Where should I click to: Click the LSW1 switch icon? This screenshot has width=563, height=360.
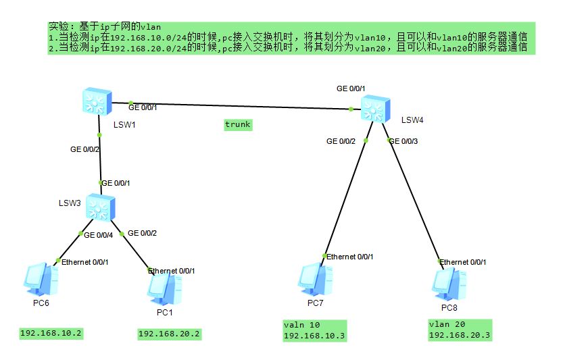(93, 101)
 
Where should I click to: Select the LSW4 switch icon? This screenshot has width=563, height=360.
(375, 108)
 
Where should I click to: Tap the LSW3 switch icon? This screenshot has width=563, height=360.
(101, 208)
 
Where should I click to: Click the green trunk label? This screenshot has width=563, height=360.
(238, 125)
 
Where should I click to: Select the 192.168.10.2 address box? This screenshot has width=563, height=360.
(51, 333)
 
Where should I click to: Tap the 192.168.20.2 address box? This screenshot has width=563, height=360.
(170, 334)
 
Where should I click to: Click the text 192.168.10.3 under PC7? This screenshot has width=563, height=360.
(314, 336)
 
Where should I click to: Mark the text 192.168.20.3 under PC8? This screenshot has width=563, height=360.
(460, 336)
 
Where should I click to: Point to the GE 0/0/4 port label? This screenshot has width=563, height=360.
(99, 234)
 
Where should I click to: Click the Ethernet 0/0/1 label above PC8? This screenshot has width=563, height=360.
(463, 261)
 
